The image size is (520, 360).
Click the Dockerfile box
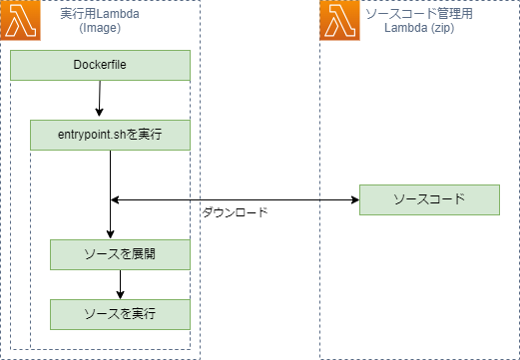click(x=100, y=65)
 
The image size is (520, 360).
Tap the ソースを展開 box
click(x=120, y=254)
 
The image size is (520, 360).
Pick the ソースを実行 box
click(x=120, y=314)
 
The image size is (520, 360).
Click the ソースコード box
click(x=429, y=199)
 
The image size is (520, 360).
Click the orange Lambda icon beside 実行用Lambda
click(x=20, y=21)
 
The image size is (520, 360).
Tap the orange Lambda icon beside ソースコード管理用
click(x=339, y=21)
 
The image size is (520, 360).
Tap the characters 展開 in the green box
click(x=144, y=254)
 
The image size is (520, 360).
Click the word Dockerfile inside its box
click(x=100, y=65)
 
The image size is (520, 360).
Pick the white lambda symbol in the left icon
click(x=20, y=21)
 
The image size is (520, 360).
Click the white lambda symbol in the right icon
click(x=339, y=21)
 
